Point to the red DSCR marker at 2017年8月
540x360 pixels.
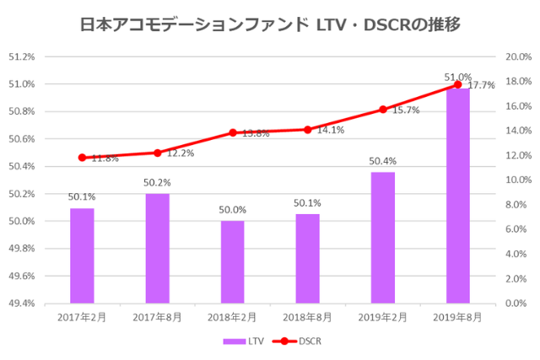158,153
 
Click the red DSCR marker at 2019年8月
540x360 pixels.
458,84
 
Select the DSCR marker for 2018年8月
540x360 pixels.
308,130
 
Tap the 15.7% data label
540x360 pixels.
406,110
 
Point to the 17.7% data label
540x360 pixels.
481,86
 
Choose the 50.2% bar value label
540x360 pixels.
158,182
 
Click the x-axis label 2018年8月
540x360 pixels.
308,317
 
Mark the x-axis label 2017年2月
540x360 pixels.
82,317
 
